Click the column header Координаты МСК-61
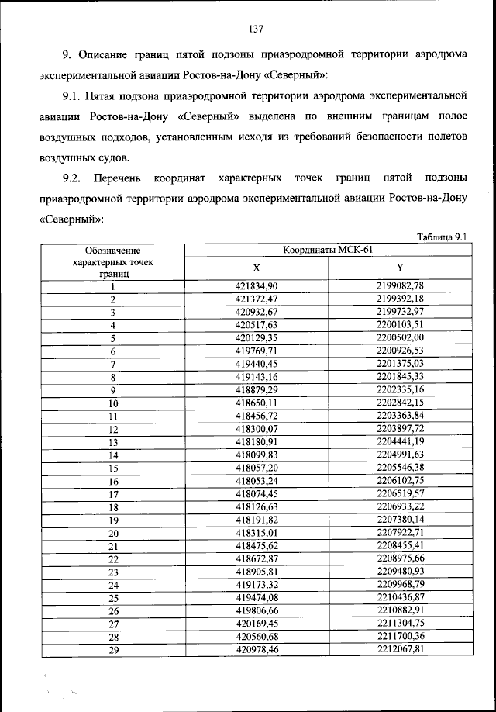328,249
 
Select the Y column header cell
400,267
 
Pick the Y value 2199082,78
400,286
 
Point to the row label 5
113,338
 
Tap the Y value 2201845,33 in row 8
400,377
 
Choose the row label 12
113,430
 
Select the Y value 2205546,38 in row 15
400,468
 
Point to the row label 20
113,534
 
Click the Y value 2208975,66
400,559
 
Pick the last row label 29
113,651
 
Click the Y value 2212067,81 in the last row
400,650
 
